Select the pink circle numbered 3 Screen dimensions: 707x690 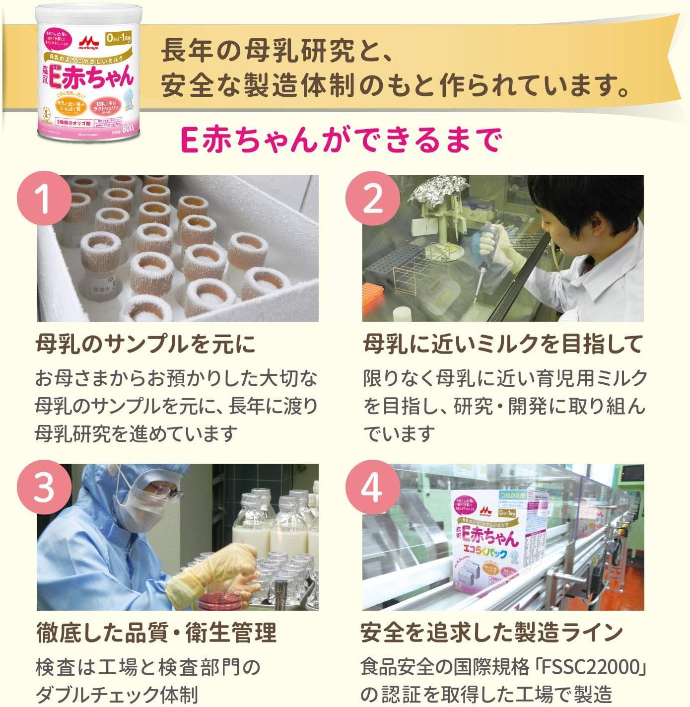pos(44,487)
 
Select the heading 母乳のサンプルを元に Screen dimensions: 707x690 pos(146,344)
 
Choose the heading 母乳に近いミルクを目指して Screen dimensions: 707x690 pos(503,344)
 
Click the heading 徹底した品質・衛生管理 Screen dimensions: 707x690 pos(156,633)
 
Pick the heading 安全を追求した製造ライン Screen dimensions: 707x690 pos(491,633)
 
